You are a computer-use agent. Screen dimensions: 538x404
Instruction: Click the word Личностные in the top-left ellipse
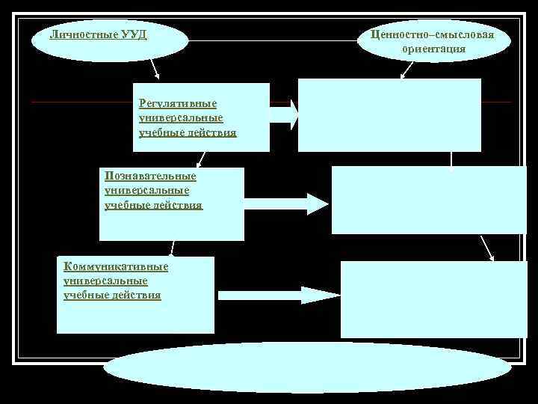click(x=80, y=34)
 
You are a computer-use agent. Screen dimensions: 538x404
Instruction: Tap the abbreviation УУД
click(x=132, y=34)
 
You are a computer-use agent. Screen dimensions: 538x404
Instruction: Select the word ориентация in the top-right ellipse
click(x=433, y=49)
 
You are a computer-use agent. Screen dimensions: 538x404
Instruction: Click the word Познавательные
click(x=151, y=176)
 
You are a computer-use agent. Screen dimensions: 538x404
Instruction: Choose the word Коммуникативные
click(x=116, y=267)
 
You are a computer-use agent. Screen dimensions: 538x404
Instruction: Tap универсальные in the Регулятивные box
click(x=181, y=118)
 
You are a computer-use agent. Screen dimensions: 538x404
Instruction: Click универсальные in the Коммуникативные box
click(x=106, y=281)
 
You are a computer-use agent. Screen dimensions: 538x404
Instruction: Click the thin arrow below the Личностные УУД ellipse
click(x=155, y=70)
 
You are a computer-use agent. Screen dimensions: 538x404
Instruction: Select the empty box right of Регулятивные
click(x=389, y=115)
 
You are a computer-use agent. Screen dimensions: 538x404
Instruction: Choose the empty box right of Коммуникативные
click(x=433, y=299)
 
